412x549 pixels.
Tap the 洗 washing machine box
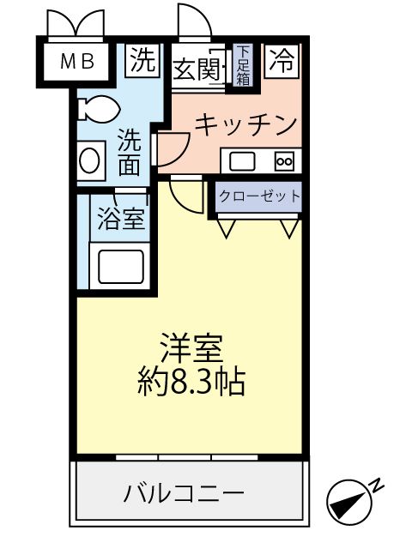tap(143, 60)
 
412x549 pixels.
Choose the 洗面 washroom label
tap(129, 153)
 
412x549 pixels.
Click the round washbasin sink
tap(88, 161)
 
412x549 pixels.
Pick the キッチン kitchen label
tap(245, 124)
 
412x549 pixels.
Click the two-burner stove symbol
tap(283, 160)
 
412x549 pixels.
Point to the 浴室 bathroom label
tap(120, 220)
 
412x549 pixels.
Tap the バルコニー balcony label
tap(184, 494)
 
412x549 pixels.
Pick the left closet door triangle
tap(227, 227)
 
